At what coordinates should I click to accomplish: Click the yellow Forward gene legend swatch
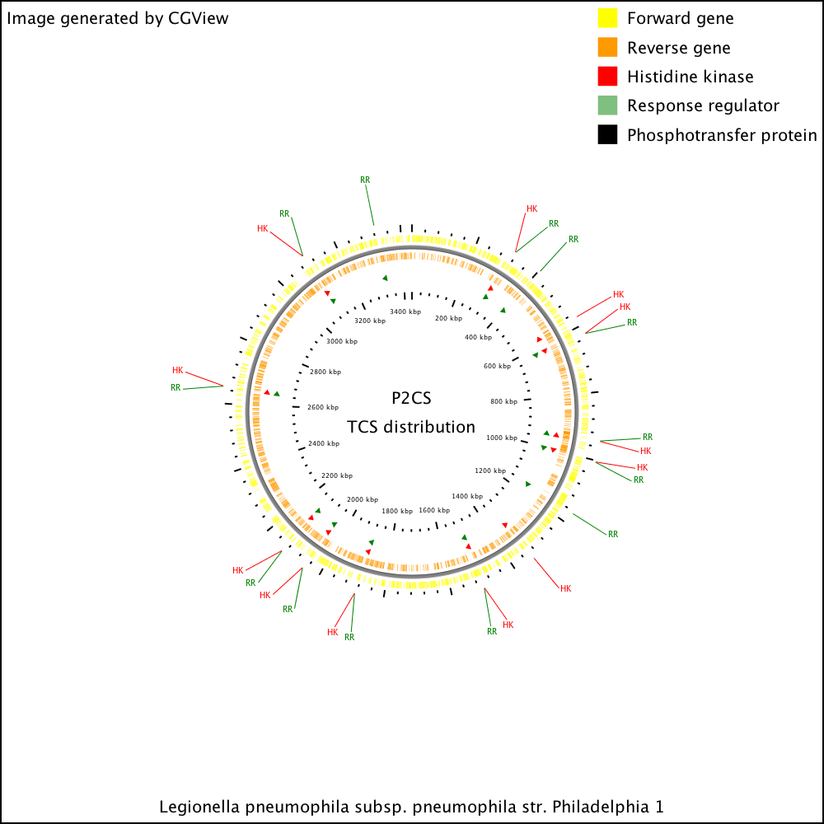(x=607, y=18)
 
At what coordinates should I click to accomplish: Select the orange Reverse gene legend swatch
(x=607, y=47)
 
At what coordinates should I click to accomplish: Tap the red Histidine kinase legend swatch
(x=607, y=76)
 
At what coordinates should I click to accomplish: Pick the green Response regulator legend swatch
(x=607, y=105)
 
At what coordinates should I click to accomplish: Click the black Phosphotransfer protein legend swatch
(x=607, y=134)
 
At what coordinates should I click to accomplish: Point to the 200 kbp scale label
(x=449, y=318)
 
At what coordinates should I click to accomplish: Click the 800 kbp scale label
(x=504, y=401)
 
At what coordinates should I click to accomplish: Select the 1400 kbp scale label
(x=467, y=496)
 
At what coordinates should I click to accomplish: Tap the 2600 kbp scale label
(x=323, y=407)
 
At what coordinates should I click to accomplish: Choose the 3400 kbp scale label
(x=405, y=311)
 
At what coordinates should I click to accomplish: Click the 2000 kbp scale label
(x=363, y=499)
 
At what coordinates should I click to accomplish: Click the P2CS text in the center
(x=411, y=398)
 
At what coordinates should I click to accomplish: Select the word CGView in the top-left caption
(x=199, y=18)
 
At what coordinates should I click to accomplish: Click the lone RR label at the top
(x=365, y=180)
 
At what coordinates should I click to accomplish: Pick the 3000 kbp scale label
(x=342, y=341)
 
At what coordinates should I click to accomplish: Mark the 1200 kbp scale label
(x=490, y=471)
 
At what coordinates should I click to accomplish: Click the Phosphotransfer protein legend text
(x=722, y=135)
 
